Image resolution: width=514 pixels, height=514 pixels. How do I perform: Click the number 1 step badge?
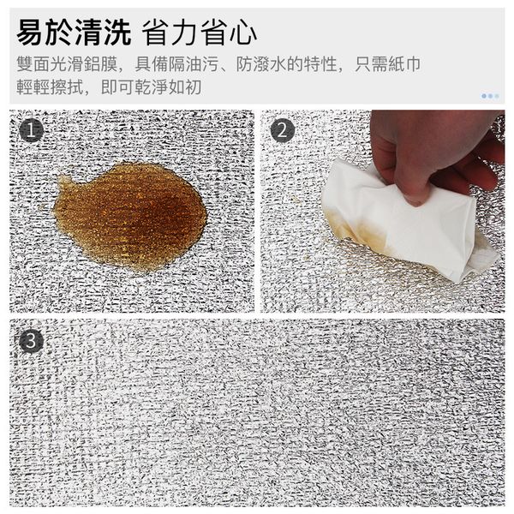pos(31,130)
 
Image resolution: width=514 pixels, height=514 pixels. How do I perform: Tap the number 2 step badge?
pos(282,130)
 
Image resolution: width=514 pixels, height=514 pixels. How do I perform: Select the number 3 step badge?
pos(31,341)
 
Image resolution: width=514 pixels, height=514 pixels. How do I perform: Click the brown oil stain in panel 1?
pos(131,217)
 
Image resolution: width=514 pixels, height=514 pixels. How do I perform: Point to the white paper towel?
pos(406,223)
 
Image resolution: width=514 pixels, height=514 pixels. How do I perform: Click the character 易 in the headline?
pos(31,33)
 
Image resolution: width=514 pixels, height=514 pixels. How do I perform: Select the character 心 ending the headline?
pos(243,33)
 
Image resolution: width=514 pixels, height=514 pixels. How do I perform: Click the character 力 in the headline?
pos(185,33)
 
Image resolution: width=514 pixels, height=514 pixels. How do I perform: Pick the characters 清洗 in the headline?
pos(103,33)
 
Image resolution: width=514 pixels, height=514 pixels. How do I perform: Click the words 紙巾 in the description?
pos(404,63)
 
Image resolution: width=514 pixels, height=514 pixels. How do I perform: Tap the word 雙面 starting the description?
pos(33,63)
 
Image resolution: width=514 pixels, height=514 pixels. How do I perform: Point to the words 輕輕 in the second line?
pos(33,87)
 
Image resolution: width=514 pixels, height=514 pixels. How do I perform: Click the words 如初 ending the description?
pos(184,87)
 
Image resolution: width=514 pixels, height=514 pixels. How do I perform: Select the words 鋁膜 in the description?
pos(100,63)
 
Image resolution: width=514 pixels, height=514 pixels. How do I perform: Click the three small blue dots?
pos(490,96)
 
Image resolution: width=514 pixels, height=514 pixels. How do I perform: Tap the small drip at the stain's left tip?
pos(63,180)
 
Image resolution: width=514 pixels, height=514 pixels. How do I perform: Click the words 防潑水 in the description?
pos(261,63)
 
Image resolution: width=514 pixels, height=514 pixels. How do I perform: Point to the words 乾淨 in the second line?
pos(151,87)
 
